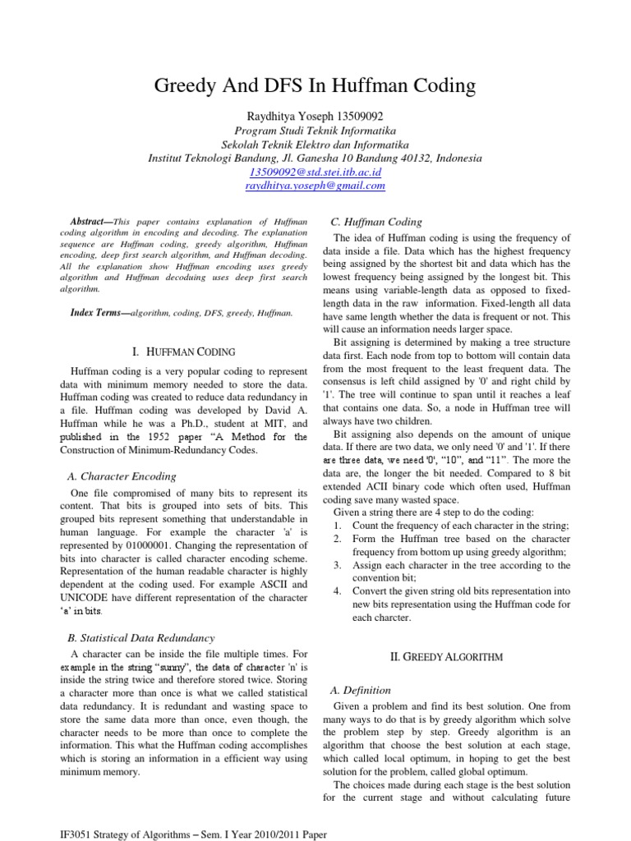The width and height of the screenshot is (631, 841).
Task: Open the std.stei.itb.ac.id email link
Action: (315, 172)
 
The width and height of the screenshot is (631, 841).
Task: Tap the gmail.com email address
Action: (315, 186)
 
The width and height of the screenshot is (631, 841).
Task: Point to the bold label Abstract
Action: (88, 222)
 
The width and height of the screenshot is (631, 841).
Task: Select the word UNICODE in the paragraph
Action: (94, 598)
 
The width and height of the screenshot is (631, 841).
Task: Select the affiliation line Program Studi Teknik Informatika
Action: (315, 131)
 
